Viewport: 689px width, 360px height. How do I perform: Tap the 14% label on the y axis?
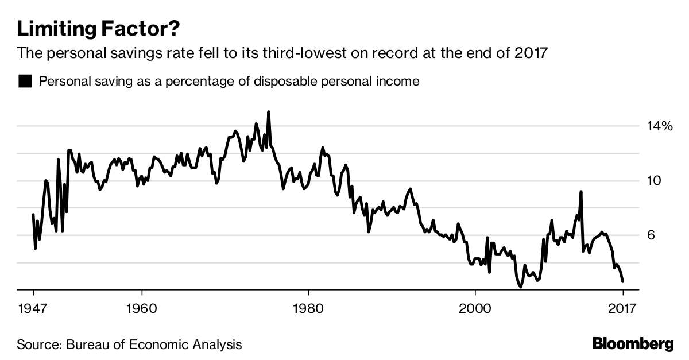click(659, 126)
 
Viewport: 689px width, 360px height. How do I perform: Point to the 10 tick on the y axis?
click(654, 181)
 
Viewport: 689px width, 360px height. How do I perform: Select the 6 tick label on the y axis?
click(651, 235)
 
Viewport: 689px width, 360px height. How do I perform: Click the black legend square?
click(25, 81)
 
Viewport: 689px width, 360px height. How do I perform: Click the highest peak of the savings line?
click(269, 112)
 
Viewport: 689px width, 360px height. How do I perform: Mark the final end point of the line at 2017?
click(623, 281)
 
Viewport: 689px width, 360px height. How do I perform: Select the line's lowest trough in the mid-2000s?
click(520, 287)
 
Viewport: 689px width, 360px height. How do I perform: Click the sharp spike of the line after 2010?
click(581, 192)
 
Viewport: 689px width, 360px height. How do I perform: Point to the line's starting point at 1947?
click(33, 214)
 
